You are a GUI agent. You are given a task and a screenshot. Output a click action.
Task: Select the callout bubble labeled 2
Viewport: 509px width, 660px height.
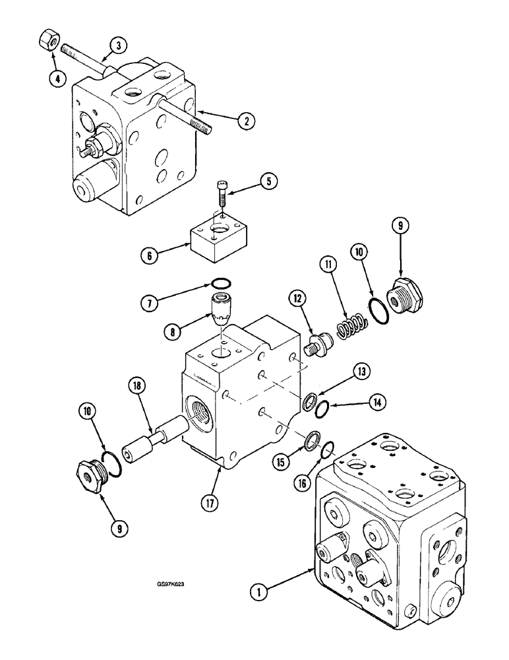click(x=245, y=121)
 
